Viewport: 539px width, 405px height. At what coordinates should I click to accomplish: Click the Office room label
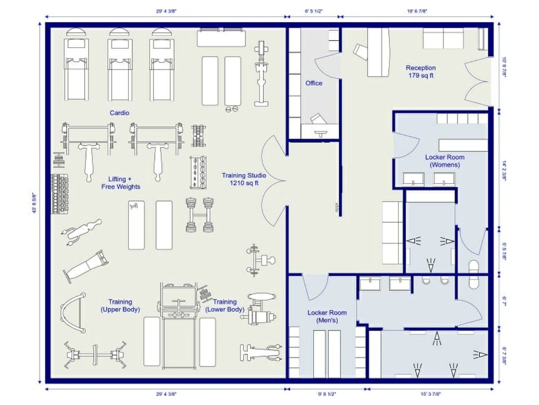(x=314, y=83)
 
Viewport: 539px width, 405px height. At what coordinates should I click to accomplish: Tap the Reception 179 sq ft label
(x=420, y=72)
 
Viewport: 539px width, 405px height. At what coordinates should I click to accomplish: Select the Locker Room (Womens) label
(x=444, y=161)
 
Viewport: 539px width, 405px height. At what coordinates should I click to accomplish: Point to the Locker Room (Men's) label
(x=327, y=316)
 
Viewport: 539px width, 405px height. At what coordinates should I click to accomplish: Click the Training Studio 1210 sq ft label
(x=243, y=179)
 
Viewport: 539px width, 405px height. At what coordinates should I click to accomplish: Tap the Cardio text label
(x=119, y=113)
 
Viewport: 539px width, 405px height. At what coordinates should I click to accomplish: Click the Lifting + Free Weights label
(x=120, y=183)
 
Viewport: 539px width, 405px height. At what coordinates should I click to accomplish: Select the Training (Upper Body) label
(x=120, y=306)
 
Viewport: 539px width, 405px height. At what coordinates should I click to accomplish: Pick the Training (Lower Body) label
(x=225, y=306)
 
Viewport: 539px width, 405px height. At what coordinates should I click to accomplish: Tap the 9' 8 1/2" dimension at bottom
(x=327, y=394)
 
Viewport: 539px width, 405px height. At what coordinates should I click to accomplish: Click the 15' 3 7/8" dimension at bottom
(x=431, y=394)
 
